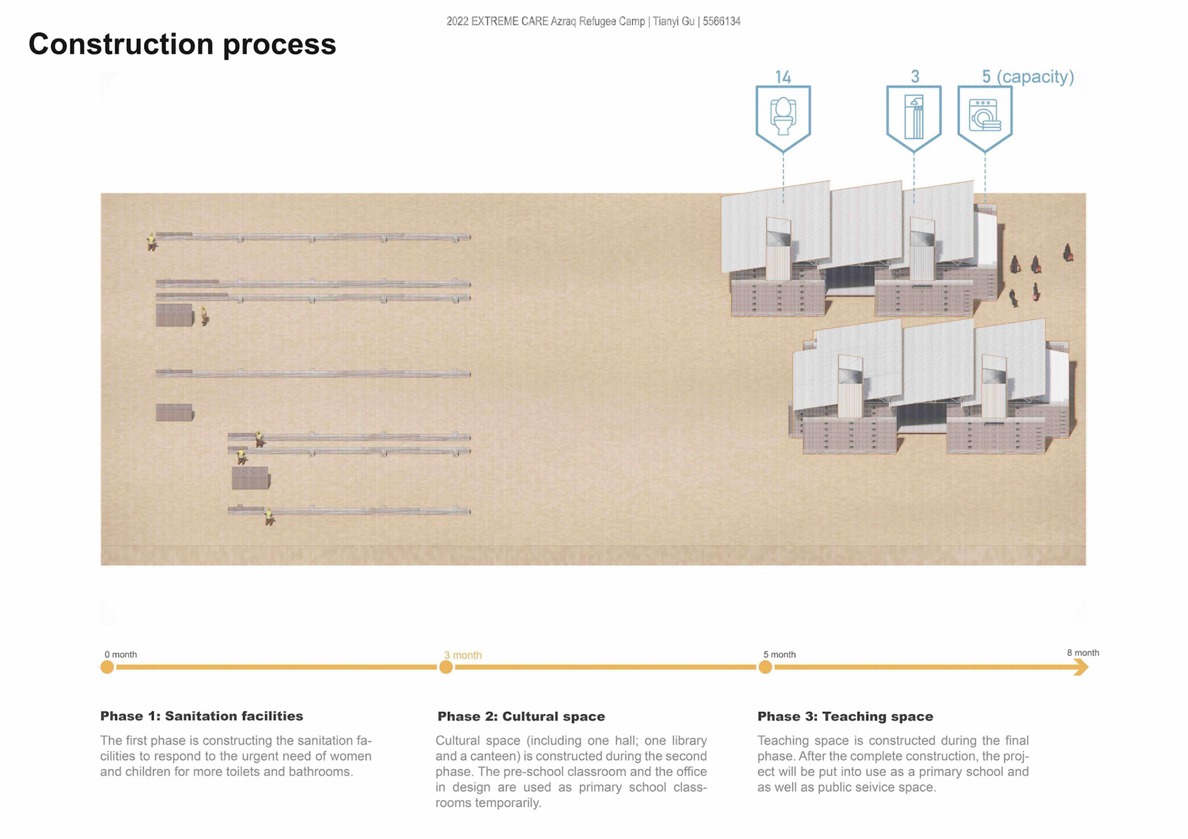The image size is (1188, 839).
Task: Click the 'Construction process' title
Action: point(182,45)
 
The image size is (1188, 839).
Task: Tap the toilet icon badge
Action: point(783,116)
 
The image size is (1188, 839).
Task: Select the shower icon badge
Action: point(913,116)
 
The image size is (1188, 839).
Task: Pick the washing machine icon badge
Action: point(984,116)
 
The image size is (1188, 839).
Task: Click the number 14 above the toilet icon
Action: point(783,77)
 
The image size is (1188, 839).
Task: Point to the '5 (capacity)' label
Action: point(1028,77)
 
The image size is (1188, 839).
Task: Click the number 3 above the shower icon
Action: point(915,76)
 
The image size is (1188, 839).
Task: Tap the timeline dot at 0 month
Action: point(107,667)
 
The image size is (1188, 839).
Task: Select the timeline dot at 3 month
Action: point(445,667)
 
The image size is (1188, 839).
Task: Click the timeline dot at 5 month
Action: point(765,667)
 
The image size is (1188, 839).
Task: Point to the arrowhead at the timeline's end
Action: point(1080,667)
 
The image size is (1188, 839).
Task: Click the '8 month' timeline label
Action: point(1083,653)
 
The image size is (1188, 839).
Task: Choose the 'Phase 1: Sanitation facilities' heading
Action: point(202,716)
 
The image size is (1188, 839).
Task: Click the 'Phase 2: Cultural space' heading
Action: point(521,716)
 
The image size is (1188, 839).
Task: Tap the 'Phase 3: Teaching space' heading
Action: point(845,716)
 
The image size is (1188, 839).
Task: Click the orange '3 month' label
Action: point(462,655)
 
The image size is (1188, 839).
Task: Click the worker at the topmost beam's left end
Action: point(151,241)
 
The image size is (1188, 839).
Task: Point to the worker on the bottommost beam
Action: point(269,516)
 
